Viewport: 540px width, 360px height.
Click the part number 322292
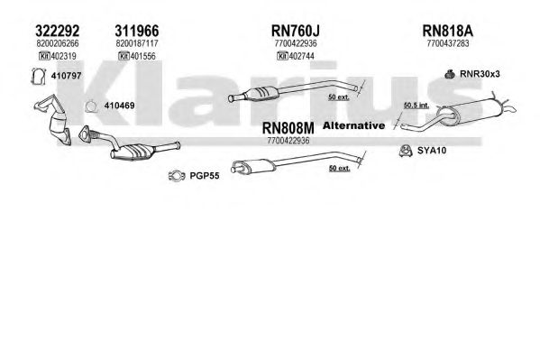(x=57, y=31)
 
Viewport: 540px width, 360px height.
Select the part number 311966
(x=137, y=31)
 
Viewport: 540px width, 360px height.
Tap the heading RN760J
(x=296, y=31)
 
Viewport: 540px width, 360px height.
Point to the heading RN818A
(x=448, y=31)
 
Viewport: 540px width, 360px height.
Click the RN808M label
(x=288, y=128)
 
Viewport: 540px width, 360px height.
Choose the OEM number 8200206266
(x=58, y=43)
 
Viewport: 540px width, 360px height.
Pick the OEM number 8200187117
(x=137, y=43)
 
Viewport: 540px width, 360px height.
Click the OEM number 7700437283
(x=448, y=43)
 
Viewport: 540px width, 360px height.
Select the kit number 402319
(x=64, y=56)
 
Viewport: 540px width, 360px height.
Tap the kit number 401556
(x=143, y=56)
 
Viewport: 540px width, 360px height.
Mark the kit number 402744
(x=302, y=56)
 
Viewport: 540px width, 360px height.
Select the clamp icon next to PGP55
(x=177, y=176)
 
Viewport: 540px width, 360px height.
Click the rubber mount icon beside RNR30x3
(x=450, y=74)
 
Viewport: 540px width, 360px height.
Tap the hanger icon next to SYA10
(x=406, y=151)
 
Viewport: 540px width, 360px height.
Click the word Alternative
(x=353, y=125)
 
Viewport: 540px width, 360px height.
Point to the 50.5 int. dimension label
(x=416, y=105)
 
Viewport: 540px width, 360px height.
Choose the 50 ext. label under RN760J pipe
(x=339, y=97)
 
